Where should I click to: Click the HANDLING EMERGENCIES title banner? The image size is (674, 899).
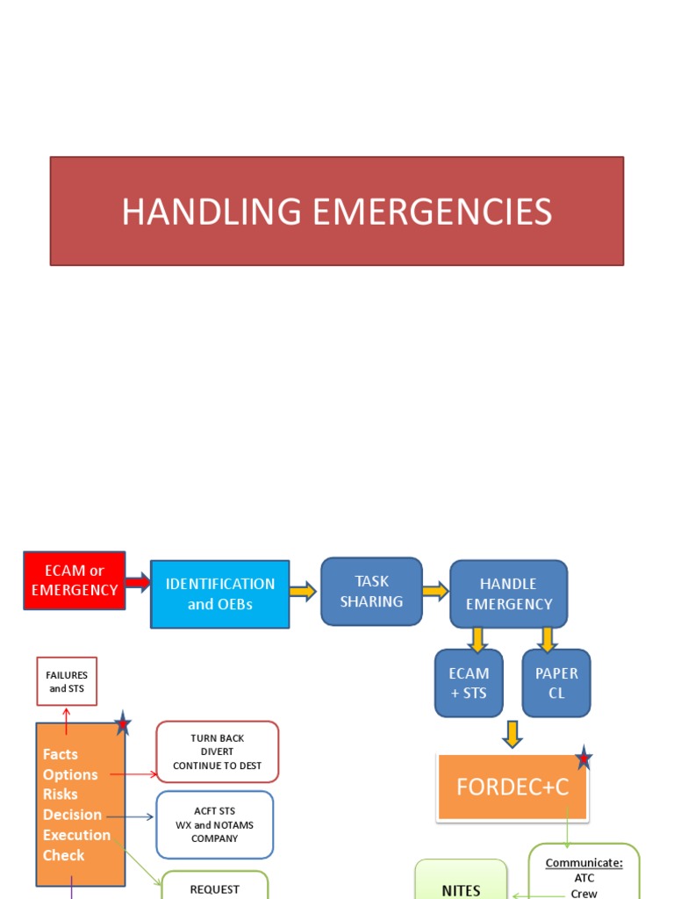[337, 212]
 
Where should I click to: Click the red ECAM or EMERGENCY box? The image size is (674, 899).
[75, 580]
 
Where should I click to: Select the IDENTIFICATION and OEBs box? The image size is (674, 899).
[219, 594]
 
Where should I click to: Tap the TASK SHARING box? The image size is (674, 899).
[371, 592]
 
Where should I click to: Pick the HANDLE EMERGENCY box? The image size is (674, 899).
[509, 594]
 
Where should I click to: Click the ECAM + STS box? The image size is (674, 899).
[469, 683]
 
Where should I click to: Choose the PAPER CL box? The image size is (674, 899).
[556, 683]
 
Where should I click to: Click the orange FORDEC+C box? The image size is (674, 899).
[513, 788]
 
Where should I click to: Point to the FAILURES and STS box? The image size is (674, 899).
[67, 681]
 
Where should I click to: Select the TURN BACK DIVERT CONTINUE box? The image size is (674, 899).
[217, 752]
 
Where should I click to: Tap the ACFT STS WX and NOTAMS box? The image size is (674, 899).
[215, 825]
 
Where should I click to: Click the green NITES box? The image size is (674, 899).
[461, 882]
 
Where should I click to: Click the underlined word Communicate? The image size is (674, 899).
[584, 863]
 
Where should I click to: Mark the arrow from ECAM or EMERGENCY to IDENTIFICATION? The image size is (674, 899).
[138, 581]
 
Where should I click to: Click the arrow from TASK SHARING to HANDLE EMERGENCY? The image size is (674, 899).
[435, 592]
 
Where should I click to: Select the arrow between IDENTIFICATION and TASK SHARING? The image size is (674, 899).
[303, 592]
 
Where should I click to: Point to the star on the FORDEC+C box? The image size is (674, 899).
[583, 759]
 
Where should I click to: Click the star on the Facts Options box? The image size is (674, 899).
[123, 724]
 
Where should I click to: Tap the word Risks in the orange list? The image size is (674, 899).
[61, 795]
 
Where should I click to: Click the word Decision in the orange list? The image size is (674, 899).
[72, 815]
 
